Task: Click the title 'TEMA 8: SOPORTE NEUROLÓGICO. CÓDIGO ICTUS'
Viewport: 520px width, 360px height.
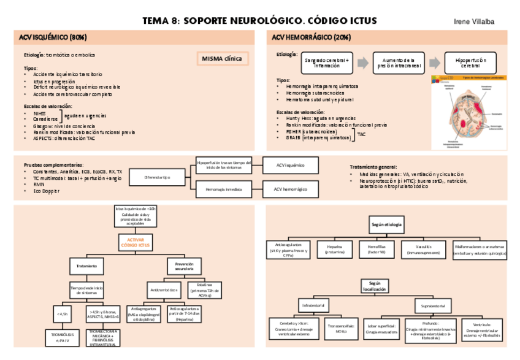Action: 260,21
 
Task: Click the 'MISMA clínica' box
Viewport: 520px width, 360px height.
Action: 222,59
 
